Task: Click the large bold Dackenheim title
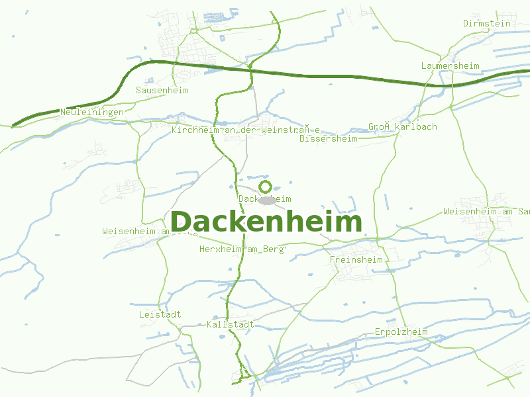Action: tap(266, 222)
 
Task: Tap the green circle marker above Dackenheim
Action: tap(265, 187)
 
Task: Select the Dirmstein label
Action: tap(487, 23)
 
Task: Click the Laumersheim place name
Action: tap(450, 66)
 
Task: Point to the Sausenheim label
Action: tap(162, 90)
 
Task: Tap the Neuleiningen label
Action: tap(92, 112)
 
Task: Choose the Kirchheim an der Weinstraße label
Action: tap(246, 130)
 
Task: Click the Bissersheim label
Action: tap(328, 139)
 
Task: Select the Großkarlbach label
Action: tap(402, 126)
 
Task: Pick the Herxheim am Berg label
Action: tap(241, 249)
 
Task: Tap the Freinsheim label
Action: tap(356, 260)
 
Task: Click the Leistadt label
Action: tap(160, 314)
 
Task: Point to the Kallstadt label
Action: tap(231, 324)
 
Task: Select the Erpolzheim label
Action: tap(401, 331)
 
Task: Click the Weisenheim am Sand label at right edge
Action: tap(486, 211)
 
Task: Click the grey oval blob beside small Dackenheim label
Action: tap(267, 200)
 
